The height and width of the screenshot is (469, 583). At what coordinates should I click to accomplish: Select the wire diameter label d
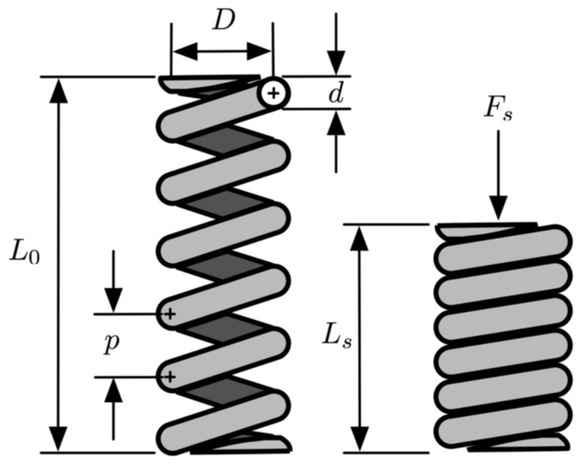336,95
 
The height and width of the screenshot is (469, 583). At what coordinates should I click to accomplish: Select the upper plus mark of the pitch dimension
170,314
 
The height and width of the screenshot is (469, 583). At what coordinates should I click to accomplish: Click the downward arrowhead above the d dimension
336,63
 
